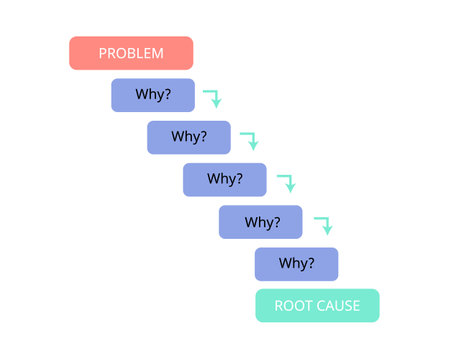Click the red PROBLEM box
click(x=130, y=53)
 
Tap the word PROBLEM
click(x=131, y=53)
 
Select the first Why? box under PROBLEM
click(x=152, y=95)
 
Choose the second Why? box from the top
click(x=188, y=137)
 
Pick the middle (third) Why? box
click(x=224, y=179)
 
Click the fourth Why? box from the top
click(x=260, y=222)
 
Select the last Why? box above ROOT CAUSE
click(x=296, y=264)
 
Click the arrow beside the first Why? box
click(x=212, y=97)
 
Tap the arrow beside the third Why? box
click(x=286, y=182)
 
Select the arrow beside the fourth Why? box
click(x=322, y=224)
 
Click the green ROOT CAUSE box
click(x=317, y=305)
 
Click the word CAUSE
click(x=339, y=305)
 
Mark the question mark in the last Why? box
click(x=310, y=264)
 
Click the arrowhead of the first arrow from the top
click(x=215, y=103)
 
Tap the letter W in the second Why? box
click(x=176, y=137)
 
